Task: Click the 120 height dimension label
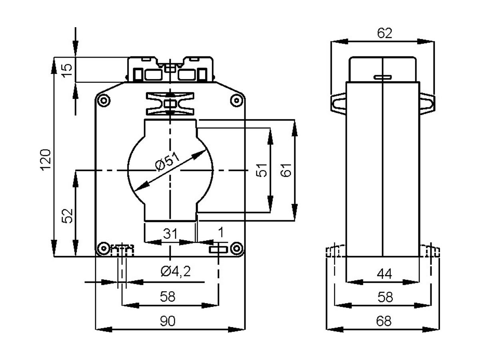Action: [46, 160]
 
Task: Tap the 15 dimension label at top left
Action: [67, 70]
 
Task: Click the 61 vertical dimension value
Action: [286, 170]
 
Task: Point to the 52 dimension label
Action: [68, 216]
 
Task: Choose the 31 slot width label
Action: [170, 234]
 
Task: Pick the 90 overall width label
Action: [168, 321]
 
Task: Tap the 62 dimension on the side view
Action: [384, 33]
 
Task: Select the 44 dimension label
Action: [384, 274]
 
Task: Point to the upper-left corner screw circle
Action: [104, 101]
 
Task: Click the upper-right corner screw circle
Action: [236, 101]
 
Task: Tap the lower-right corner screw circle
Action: [236, 248]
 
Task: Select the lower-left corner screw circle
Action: [104, 248]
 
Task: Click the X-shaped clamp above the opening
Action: [170, 104]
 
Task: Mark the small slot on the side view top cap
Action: [383, 77]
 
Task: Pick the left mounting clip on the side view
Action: [338, 104]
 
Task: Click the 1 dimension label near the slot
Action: [221, 232]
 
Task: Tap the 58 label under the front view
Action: [168, 297]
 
